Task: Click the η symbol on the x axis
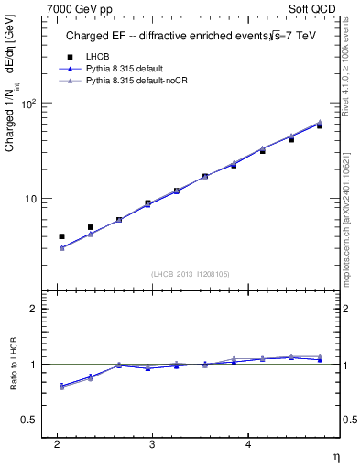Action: (335, 456)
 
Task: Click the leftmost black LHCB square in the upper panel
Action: (61, 236)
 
